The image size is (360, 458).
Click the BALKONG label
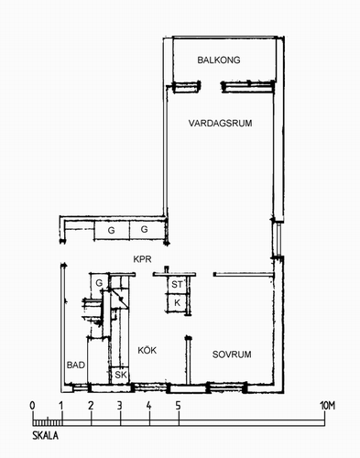219,60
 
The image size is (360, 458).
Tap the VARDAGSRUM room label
220,124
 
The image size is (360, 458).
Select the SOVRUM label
232,354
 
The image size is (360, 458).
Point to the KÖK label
147,350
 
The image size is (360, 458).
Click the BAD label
76,365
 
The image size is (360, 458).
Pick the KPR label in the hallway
142,259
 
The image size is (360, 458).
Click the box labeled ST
177,285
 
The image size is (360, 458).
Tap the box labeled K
177,303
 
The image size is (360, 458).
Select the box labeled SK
120,375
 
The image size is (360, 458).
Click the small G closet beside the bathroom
99,283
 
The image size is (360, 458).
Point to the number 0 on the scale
32,406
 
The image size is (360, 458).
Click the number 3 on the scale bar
120,406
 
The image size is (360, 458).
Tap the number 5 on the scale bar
178,406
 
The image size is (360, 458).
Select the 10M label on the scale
327,406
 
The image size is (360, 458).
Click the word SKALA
45,435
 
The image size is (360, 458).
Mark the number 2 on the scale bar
91,406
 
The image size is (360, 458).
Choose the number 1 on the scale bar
61,406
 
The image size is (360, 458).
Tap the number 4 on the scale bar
148,406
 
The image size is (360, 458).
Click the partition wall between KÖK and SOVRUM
189,360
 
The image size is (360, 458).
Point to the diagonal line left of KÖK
119,299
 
